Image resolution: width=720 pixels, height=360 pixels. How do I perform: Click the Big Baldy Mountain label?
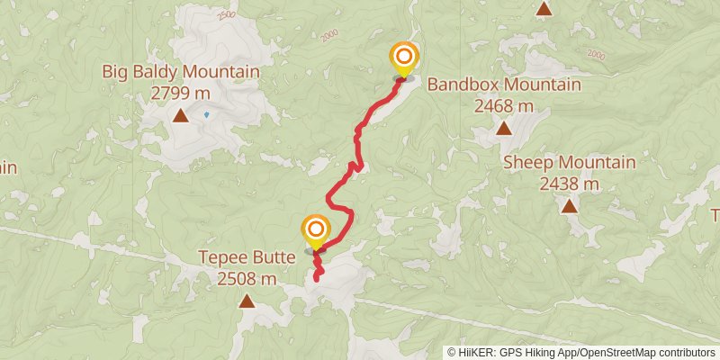click(x=180, y=72)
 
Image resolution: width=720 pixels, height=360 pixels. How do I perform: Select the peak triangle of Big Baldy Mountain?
click(x=181, y=115)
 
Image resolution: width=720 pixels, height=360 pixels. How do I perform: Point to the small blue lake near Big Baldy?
click(x=206, y=114)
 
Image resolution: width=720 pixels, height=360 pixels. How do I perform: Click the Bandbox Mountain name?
click(x=503, y=85)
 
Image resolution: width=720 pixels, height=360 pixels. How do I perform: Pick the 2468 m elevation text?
click(x=503, y=105)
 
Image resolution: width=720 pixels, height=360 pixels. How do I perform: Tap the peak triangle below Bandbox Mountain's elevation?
click(x=504, y=129)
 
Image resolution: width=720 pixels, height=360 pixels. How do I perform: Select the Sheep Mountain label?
click(x=569, y=163)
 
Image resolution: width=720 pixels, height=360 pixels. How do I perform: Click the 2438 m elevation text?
click(x=569, y=184)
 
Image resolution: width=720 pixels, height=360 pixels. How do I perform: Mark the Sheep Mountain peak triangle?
click(x=569, y=207)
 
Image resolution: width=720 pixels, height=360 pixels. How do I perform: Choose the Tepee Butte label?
click(x=247, y=257)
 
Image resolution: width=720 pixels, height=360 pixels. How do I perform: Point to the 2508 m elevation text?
click(x=247, y=278)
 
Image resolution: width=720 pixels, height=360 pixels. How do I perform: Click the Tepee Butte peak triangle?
click(x=247, y=301)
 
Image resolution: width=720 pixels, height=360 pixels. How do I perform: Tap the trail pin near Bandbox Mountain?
click(x=403, y=58)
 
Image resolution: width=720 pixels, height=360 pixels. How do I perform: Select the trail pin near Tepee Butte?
click(x=315, y=230)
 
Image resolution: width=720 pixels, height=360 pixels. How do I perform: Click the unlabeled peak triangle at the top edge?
click(x=544, y=9)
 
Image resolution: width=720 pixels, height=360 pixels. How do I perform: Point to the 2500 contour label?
click(x=227, y=16)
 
